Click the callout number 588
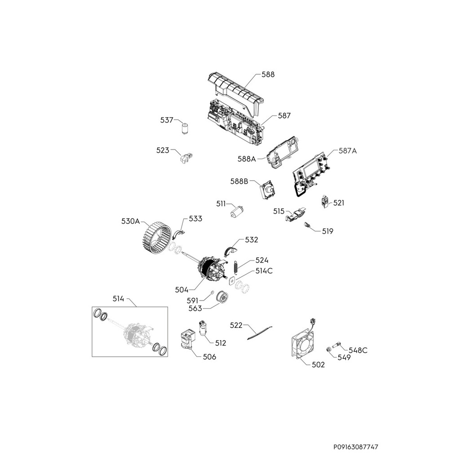(268, 75)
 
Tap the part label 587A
(347, 151)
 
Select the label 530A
(131, 221)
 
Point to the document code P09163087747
(356, 447)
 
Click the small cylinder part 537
(185, 128)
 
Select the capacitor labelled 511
(237, 212)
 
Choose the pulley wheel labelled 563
(221, 298)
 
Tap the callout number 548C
(358, 350)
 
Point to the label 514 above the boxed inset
(118, 298)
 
